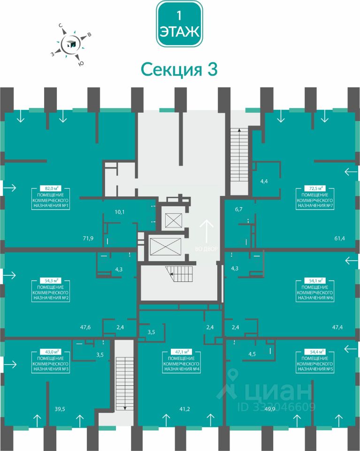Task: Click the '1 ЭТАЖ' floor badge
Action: coord(179,24)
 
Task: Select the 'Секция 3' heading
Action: coord(179,70)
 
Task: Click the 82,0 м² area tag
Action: coord(51,189)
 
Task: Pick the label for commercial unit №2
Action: coord(51,293)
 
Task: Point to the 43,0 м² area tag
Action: coord(51,352)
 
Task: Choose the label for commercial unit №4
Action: coord(181,364)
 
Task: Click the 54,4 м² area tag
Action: coord(315,352)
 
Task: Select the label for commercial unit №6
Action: coord(315,293)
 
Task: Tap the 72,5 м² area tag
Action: coord(315,189)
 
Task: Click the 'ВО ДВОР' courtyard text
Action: coord(207,249)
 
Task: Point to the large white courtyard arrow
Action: coord(207,231)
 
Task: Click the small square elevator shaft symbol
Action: coord(174,220)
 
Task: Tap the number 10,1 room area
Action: coord(120,212)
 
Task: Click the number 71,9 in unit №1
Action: coord(88,238)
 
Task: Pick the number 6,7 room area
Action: coord(239,210)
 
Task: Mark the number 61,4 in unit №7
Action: coord(340,238)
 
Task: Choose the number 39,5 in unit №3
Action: coord(60,409)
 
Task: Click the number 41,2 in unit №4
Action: coord(185,409)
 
